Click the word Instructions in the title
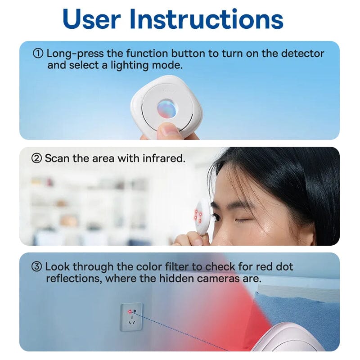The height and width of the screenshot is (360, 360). [x=207, y=19]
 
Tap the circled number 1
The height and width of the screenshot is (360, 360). [x=38, y=54]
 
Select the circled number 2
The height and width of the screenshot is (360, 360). [x=36, y=158]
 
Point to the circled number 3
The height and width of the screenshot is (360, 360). [x=37, y=267]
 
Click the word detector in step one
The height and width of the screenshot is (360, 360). [x=303, y=54]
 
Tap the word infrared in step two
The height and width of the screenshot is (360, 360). [x=166, y=158]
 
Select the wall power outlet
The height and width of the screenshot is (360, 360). [x=131, y=316]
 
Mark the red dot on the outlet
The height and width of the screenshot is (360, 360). [x=129, y=311]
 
